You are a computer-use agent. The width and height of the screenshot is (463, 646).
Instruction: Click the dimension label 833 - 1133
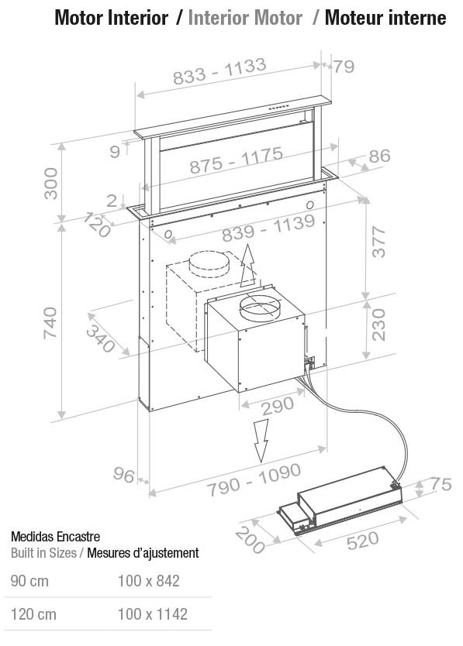pos(219,71)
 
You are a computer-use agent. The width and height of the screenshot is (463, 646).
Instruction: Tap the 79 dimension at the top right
pos(344,67)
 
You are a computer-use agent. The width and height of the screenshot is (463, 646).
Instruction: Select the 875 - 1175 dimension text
pos(237,160)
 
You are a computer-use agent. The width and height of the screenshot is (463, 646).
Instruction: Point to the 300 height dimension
pos(51,184)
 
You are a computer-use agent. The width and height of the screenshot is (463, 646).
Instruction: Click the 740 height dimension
pos(50,322)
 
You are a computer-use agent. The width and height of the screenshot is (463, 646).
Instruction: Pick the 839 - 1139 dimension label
pos(268,229)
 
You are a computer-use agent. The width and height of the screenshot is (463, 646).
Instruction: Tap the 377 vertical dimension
pos(378,242)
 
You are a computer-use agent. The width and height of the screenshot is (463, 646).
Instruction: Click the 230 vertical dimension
pos(378,325)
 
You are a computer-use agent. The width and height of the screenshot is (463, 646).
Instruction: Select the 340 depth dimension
pos(100,338)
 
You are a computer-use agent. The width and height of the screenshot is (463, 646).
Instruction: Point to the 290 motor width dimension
pos(278,406)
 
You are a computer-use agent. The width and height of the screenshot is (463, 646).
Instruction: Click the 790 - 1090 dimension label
pos(254,480)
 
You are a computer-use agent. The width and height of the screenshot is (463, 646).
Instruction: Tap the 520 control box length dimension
pos(363,541)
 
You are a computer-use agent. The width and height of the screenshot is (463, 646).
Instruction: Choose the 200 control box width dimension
pos(250,540)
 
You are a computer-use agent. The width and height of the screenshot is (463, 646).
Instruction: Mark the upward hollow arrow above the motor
pos(247,265)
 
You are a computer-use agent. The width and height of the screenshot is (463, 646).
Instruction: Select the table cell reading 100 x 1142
pos(153,614)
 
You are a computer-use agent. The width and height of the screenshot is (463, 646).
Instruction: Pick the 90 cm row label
pos(29,581)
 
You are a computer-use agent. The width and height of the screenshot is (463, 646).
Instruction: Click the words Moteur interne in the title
pos(385,18)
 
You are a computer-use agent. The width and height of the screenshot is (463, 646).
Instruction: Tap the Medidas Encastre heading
pos(55,537)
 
